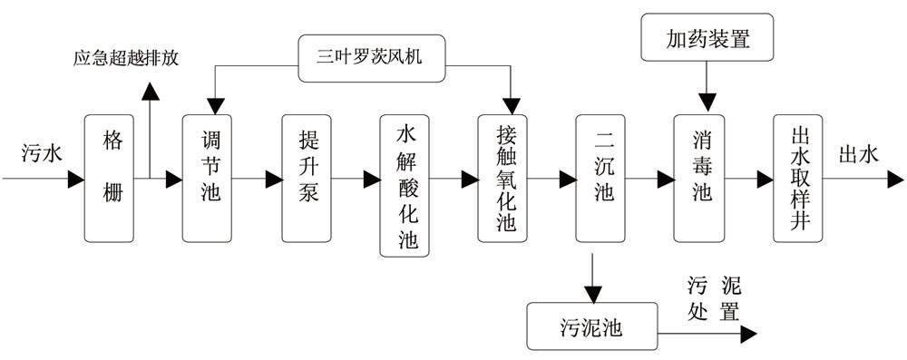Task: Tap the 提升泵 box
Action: coord(307,179)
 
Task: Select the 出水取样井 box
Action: coord(798,179)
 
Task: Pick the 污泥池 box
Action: coord(591,325)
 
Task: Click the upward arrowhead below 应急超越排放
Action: coord(150,88)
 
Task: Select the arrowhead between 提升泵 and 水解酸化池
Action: coord(372,180)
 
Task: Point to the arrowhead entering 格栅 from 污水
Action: coord(75,180)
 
